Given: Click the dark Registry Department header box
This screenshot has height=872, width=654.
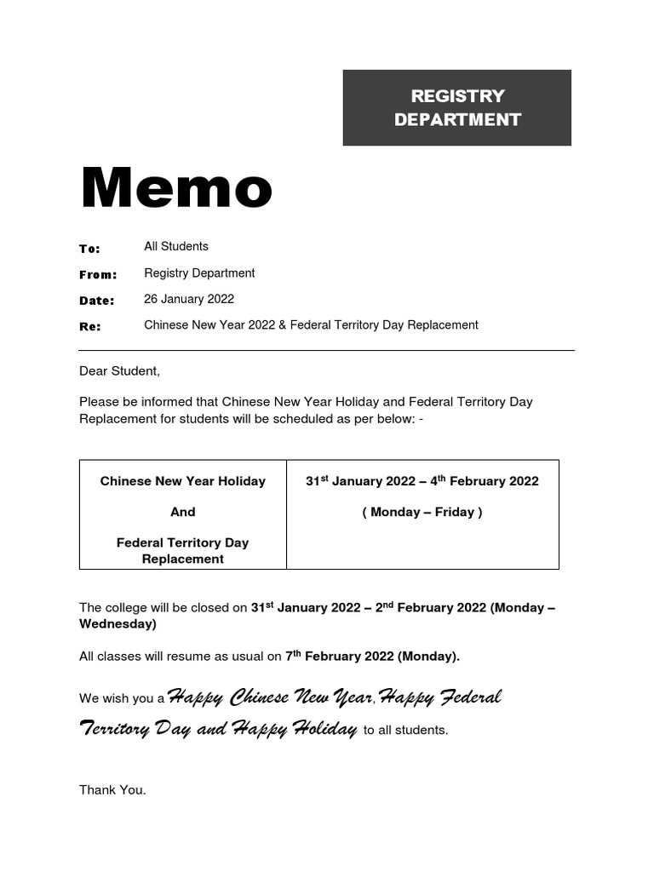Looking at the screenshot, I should point(456,107).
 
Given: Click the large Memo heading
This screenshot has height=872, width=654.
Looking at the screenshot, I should point(176,188).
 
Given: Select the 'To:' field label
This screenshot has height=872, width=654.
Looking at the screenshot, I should point(89,249).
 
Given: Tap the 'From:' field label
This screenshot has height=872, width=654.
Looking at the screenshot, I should point(98,274).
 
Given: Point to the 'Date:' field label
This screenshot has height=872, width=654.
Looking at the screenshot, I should point(96,301).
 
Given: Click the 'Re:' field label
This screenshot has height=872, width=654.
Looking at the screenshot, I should point(89,326).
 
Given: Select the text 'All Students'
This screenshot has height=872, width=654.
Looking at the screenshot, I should point(176,246).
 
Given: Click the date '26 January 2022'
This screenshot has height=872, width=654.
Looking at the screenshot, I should point(189,299).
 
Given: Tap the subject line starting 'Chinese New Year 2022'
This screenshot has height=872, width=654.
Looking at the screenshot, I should point(311,324).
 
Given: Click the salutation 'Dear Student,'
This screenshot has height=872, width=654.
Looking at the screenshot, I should point(119,371).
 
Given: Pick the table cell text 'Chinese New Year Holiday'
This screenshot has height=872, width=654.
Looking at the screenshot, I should point(182,481).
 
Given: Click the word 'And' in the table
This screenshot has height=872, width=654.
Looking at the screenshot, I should point(182,512).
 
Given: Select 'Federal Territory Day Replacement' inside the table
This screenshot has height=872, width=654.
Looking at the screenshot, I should point(182,550).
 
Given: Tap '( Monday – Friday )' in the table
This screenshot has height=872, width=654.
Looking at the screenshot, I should point(422,512).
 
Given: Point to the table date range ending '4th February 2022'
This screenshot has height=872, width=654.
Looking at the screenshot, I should point(422,481).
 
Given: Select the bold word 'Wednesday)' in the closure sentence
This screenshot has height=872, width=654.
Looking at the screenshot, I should point(118,624).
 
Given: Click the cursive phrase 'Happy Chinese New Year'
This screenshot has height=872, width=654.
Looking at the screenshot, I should point(271,697).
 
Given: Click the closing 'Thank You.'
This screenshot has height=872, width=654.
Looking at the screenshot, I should point(112,789).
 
